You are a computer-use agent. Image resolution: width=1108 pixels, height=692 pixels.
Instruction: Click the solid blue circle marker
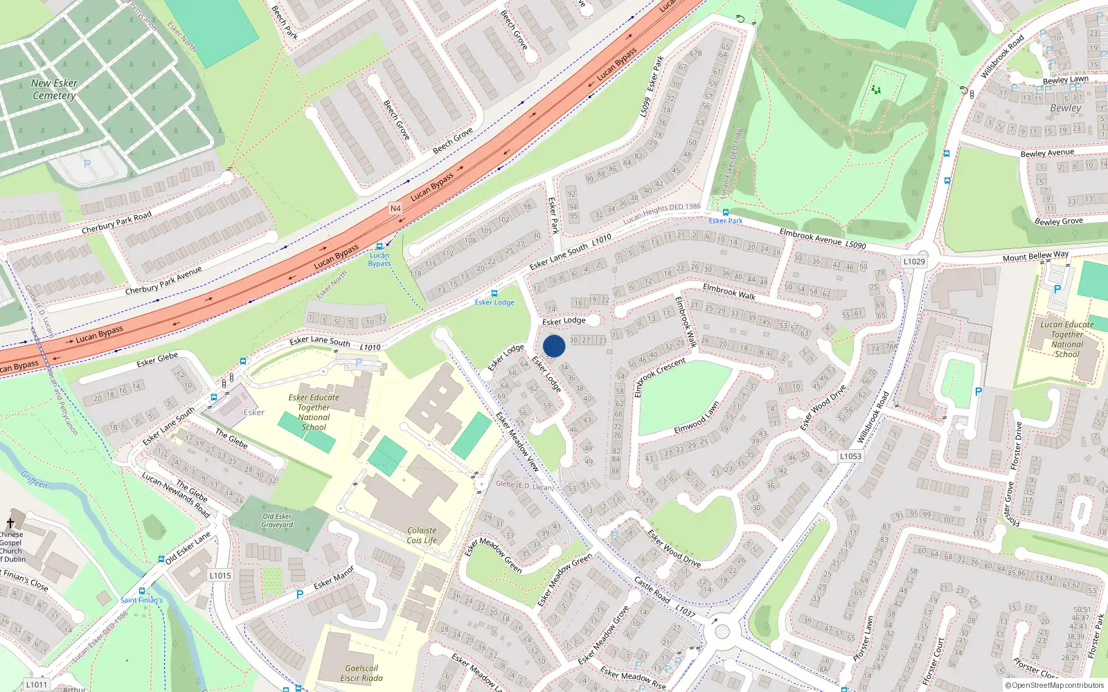(x=554, y=346)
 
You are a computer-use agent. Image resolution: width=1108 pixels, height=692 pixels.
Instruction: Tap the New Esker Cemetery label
(x=54, y=89)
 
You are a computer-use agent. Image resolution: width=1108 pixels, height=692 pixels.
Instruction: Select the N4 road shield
(x=395, y=208)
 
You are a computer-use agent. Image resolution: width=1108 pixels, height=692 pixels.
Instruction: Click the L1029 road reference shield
(x=914, y=262)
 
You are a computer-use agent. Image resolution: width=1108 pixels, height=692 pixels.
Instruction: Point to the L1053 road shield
(x=850, y=456)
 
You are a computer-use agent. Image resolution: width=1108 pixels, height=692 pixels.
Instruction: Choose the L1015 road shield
(x=220, y=575)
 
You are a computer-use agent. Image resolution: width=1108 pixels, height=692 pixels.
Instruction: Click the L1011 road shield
(x=37, y=684)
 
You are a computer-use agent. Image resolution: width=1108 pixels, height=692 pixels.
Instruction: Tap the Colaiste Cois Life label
(x=422, y=536)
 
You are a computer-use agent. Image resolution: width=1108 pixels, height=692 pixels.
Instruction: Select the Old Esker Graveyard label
(x=277, y=520)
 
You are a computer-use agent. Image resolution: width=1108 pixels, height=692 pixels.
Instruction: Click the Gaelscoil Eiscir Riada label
(x=361, y=673)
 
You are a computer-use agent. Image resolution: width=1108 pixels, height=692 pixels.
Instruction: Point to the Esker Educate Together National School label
(x=314, y=412)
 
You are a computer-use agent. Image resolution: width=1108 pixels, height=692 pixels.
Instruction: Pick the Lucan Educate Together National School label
(x=1066, y=339)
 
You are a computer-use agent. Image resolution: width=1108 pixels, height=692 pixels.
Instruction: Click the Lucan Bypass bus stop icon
(x=379, y=246)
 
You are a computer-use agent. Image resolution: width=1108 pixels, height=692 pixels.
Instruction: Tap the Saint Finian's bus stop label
(x=141, y=600)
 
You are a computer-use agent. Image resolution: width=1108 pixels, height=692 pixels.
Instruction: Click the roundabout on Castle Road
(x=722, y=631)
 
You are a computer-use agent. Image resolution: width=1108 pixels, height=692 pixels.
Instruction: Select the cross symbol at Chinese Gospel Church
(x=10, y=523)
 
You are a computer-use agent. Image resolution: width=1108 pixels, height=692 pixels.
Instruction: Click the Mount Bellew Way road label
(x=1035, y=257)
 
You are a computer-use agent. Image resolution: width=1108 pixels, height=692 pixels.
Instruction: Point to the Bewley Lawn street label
(x=1065, y=80)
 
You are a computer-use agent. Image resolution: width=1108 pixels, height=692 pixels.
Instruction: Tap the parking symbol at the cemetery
(x=87, y=165)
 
